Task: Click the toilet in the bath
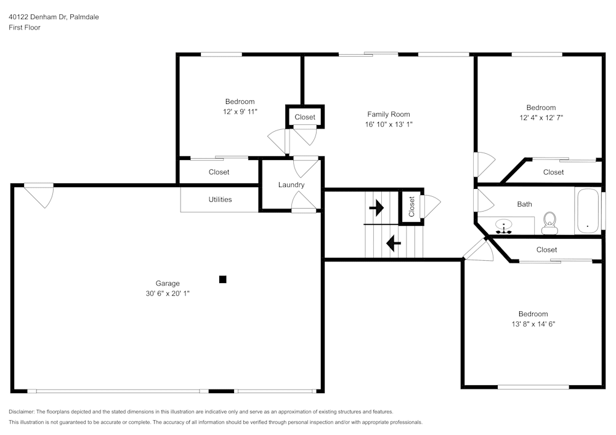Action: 549,223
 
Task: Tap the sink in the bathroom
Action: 505,225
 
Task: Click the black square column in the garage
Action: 223,279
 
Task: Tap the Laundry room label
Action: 291,185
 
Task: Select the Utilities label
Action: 220,199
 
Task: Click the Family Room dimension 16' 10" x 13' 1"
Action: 388,124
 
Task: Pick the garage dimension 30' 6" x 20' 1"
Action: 167,293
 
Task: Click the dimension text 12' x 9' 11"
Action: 240,112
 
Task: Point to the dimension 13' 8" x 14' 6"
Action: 533,324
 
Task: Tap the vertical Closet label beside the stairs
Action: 411,206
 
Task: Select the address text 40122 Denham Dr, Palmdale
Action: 54,17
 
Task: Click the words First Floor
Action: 25,28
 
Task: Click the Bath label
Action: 524,204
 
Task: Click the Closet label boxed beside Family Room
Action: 304,117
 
